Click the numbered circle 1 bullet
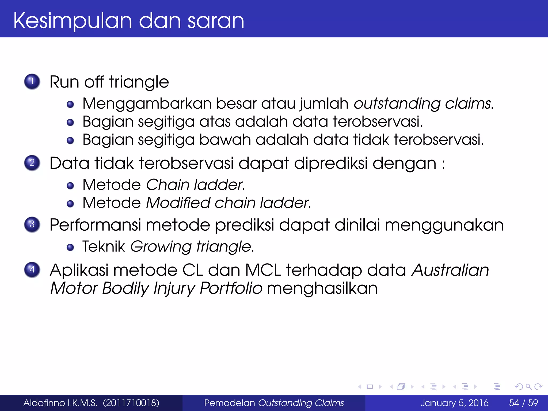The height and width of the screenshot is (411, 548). [32, 81]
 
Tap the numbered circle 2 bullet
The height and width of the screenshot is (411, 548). [32, 163]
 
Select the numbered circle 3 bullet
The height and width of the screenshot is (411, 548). [32, 224]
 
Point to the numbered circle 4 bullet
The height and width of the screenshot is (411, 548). [32, 269]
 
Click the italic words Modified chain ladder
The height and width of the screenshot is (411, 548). [228, 203]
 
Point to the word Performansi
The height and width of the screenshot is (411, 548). [95, 225]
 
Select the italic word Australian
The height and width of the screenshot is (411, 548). [450, 270]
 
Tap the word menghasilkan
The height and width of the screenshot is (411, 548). [322, 288]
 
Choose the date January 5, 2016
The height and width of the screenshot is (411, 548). [454, 403]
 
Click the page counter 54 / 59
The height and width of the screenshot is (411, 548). [523, 403]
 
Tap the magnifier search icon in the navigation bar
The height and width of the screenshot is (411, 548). [528, 387]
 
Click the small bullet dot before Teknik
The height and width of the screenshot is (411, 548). [70, 247]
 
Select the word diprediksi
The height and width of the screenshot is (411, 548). [331, 163]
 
